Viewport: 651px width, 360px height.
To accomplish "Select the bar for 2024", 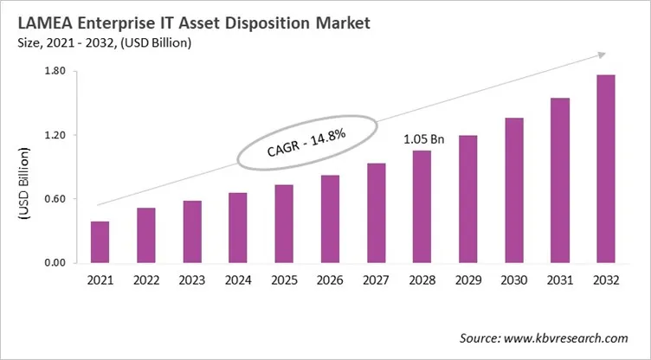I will [238, 228].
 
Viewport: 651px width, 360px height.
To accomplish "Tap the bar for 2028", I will [422, 207].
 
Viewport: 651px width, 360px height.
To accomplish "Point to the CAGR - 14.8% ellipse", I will [306, 141].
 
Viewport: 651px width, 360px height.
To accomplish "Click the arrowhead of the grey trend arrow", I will [600, 55].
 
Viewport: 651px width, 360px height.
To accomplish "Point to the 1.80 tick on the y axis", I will [55, 72].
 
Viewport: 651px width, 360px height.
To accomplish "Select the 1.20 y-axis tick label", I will [55, 136].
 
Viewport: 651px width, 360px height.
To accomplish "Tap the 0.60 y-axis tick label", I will [55, 199].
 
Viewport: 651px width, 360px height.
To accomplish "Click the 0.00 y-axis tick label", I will [55, 263].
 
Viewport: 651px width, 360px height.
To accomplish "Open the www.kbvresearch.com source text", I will [572, 337].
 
